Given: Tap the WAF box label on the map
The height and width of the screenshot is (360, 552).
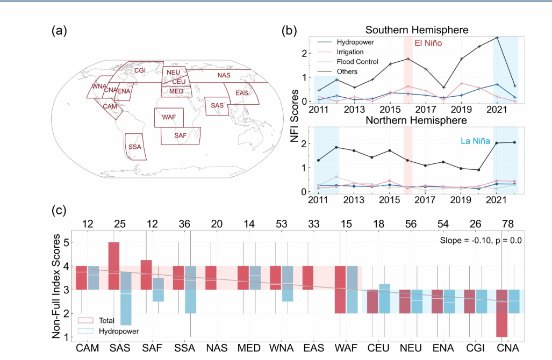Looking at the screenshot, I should (168, 117).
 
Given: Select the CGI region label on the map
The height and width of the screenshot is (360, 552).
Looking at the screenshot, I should (140, 70).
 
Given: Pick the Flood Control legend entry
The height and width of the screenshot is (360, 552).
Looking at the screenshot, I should (356, 62).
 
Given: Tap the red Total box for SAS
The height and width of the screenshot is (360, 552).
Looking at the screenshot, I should (114, 266).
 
